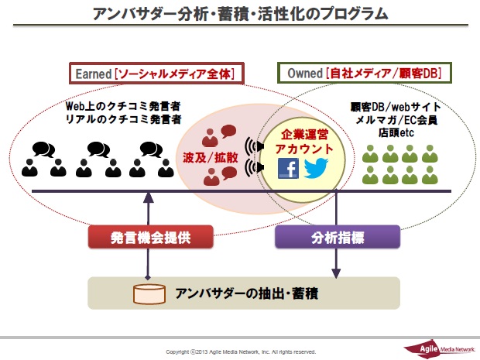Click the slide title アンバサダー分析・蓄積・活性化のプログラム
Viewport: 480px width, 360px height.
coord(240,15)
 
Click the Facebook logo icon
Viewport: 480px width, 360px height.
coord(288,168)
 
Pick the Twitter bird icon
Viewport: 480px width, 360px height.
coord(316,168)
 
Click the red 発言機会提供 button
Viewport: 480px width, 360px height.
coord(149,237)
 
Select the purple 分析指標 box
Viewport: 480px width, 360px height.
coord(338,237)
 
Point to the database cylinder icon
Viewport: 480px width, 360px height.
coord(149,294)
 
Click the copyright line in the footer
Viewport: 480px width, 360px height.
coord(240,351)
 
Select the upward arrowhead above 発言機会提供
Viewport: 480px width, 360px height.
coord(149,197)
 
